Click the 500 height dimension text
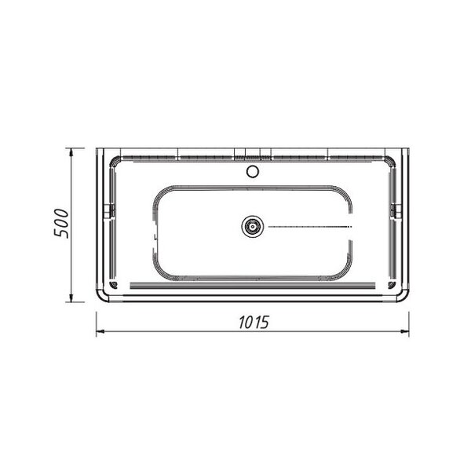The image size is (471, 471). point(61,223)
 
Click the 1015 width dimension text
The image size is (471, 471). point(254,323)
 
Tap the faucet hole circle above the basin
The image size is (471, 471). point(253,171)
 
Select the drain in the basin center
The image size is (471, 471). point(253,226)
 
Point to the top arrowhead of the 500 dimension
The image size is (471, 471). point(71,152)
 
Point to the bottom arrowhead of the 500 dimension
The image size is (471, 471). point(71,298)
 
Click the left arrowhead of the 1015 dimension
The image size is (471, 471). point(100,331)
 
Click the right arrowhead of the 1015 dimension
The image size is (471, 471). point(405,331)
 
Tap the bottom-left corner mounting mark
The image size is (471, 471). point(113,285)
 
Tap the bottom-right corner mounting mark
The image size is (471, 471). point(392,285)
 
